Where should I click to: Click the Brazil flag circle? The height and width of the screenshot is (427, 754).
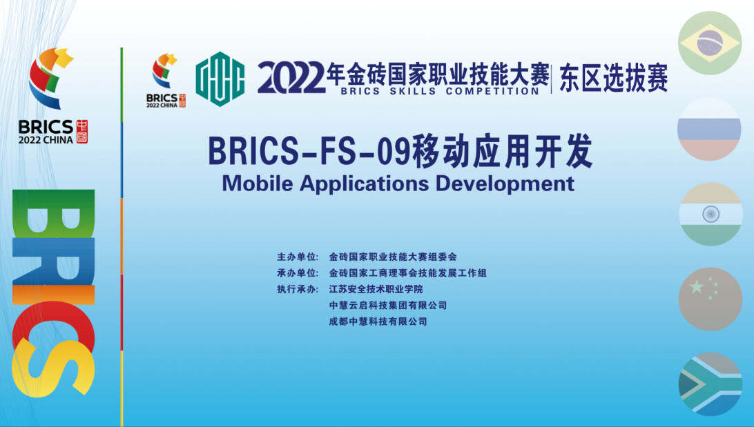(x=710, y=43)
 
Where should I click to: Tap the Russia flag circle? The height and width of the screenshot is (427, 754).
(x=709, y=129)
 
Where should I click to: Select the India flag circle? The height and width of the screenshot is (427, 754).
(x=710, y=215)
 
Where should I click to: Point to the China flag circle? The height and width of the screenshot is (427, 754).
(x=710, y=299)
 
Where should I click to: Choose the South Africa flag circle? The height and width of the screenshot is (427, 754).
(x=710, y=384)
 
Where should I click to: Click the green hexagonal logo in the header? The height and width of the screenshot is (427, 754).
(x=220, y=79)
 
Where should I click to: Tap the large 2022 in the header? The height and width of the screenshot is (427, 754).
(x=291, y=78)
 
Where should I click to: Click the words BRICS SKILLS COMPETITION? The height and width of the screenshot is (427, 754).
(x=440, y=91)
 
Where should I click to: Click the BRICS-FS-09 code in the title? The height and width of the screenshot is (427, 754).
(x=309, y=151)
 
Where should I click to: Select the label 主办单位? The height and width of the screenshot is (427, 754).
(x=297, y=257)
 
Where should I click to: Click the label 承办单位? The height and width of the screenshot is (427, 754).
(x=297, y=273)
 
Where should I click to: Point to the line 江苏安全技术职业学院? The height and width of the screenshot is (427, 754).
(x=376, y=289)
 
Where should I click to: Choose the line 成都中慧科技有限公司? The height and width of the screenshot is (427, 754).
(x=378, y=321)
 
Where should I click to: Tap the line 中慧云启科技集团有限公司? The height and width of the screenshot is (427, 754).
(x=388, y=306)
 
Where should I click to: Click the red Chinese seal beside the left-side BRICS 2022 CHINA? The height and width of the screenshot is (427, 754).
(x=82, y=132)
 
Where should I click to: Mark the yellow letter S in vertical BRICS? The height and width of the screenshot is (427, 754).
(x=52, y=368)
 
